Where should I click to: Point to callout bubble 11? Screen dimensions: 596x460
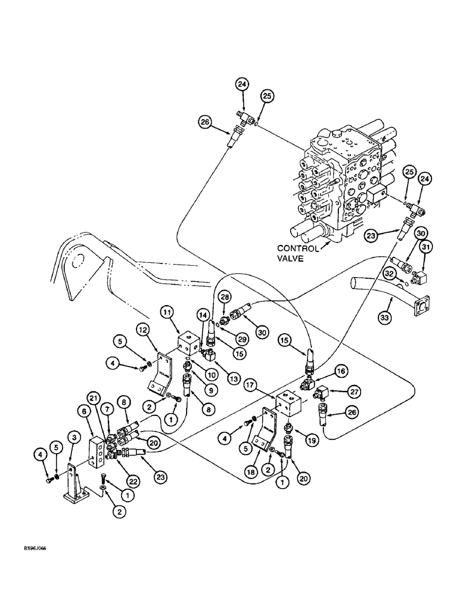tap(166, 312)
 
